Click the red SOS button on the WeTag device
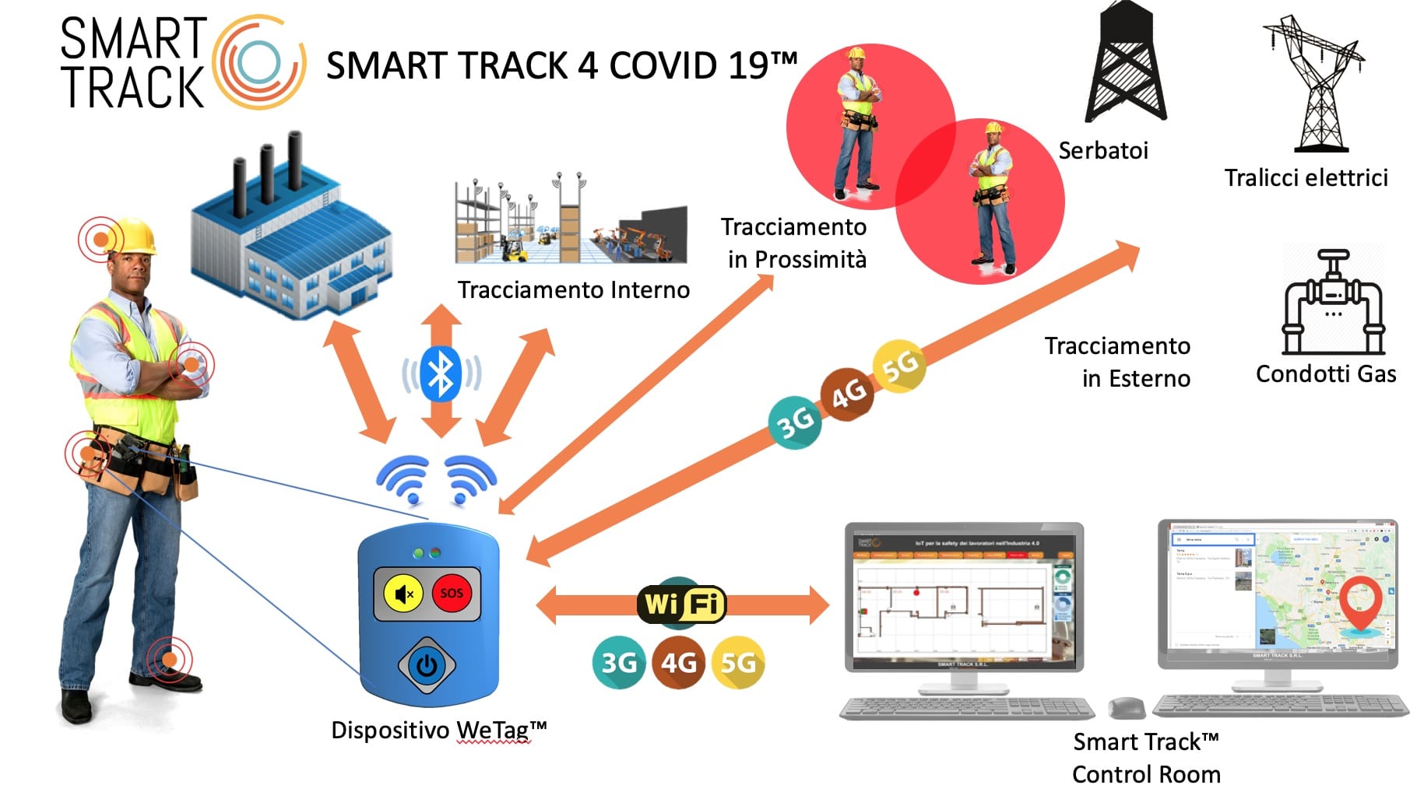[452, 593]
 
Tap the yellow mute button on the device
[403, 594]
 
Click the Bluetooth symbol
[441, 373]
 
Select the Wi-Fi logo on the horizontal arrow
[681, 604]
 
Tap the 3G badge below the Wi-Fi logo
[619, 663]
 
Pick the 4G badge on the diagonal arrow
[848, 394]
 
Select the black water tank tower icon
[1126, 62]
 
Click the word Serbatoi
[1103, 150]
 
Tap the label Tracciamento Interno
[573, 290]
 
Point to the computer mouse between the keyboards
[1126, 707]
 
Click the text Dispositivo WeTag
[438, 731]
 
